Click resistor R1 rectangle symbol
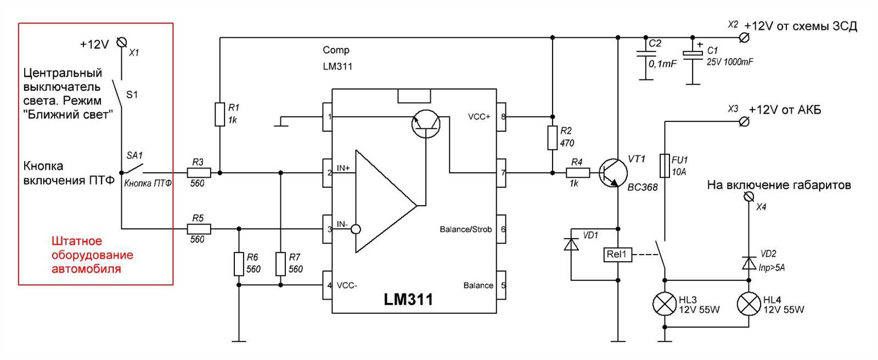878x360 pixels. (220, 114)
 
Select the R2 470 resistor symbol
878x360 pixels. (553, 138)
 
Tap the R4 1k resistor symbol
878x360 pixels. (578, 173)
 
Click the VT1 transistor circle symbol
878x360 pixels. (612, 173)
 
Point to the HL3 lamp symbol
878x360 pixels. (665, 304)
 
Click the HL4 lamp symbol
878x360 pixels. (749, 304)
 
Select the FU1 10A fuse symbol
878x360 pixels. (665, 165)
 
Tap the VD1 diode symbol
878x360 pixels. (571, 244)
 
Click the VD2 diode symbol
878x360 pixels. (749, 263)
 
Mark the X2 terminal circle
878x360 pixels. (744, 37)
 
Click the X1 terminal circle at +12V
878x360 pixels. (122, 42)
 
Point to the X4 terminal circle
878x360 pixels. (748, 196)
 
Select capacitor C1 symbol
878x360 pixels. (693, 54)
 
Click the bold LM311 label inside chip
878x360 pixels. (408, 300)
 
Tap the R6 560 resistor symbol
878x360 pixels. (239, 263)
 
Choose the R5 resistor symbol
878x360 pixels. (198, 229)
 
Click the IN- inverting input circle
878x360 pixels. (356, 229)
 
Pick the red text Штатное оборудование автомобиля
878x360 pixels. (92, 255)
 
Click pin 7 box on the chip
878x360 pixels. (501, 173)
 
